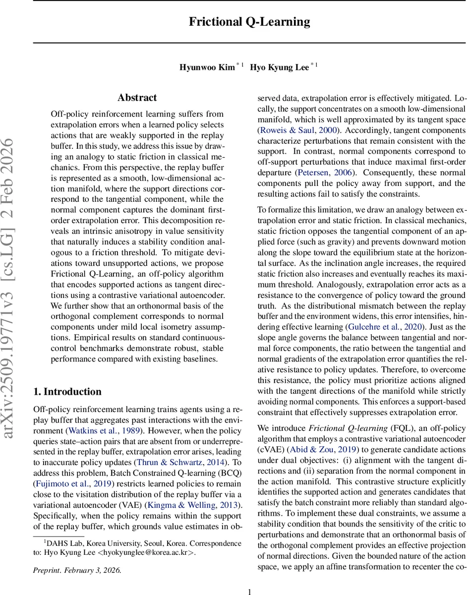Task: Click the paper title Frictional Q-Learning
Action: click(x=249, y=22)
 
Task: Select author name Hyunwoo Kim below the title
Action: click(x=207, y=67)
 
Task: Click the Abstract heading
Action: click(x=137, y=98)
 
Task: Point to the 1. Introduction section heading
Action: click(x=67, y=378)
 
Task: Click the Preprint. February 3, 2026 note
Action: click(x=77, y=570)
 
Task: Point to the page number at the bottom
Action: click(x=249, y=591)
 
